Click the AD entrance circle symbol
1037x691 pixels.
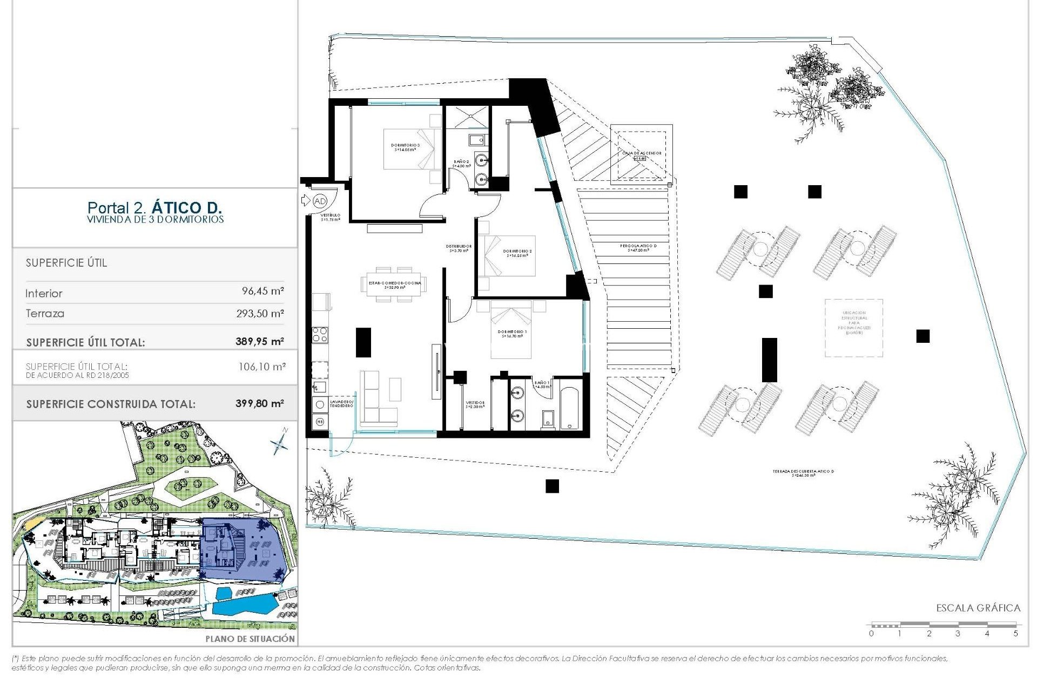(320, 201)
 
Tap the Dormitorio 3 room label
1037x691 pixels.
(405, 147)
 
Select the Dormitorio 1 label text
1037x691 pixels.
(512, 334)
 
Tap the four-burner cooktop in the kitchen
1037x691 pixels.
(320, 335)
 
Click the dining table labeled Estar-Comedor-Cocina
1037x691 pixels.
(395, 284)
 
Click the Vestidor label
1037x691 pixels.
(475, 404)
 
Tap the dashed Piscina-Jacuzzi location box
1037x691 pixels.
(853, 328)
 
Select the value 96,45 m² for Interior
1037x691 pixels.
(262, 292)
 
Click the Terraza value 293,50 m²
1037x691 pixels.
(260, 314)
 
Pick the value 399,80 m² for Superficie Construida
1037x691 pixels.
(259, 403)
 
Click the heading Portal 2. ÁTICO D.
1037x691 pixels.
(154, 207)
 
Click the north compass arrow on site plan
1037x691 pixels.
(280, 441)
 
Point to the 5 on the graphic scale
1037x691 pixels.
(1015, 633)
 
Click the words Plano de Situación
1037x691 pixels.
(250, 639)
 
